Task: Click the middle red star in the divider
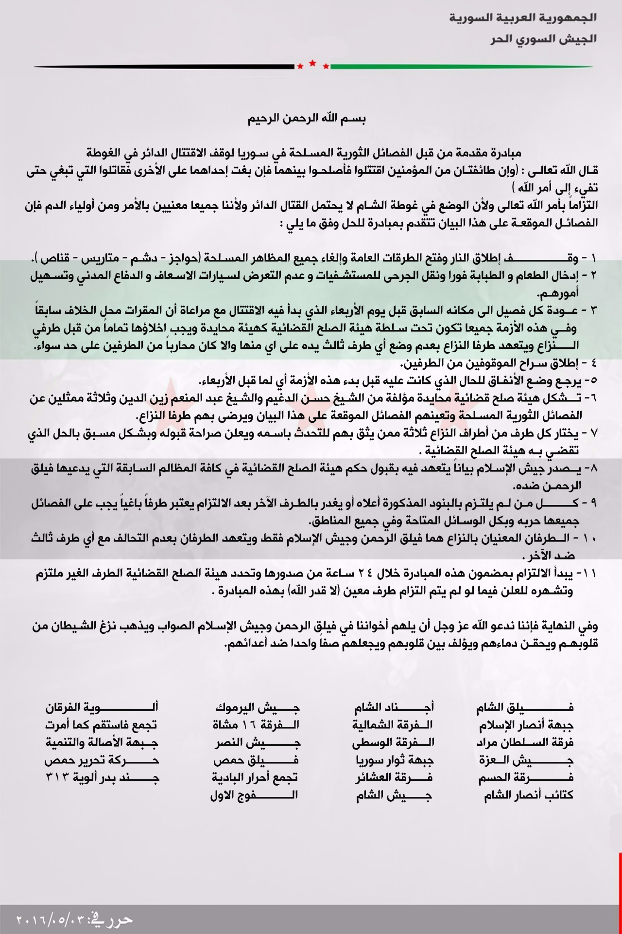pyautogui.click(x=312, y=63)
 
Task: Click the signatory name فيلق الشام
pyautogui.click(x=524, y=707)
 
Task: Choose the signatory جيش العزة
pyautogui.click(x=525, y=760)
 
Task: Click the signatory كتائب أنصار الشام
pyautogui.click(x=528, y=795)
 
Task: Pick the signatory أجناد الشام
pyautogui.click(x=393, y=707)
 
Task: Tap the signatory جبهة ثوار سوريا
pyautogui.click(x=393, y=760)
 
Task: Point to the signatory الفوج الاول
pyautogui.click(x=254, y=795)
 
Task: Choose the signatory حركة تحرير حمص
pyautogui.click(x=102, y=760)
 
